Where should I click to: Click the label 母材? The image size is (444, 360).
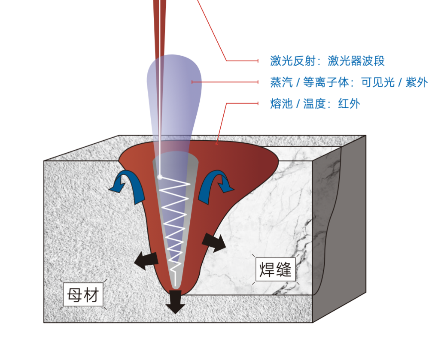point(83,295)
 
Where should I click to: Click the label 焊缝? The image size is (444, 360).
point(275,269)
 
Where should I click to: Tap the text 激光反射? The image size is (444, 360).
point(292,61)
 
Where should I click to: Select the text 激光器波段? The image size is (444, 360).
point(356,61)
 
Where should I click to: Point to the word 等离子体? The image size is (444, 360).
point(325,82)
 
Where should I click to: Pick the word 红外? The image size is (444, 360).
point(349,104)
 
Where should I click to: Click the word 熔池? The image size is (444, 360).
point(281,104)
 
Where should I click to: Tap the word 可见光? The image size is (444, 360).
point(378,82)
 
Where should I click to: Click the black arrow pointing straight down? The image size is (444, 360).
point(175,302)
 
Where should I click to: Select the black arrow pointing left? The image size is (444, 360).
point(146,260)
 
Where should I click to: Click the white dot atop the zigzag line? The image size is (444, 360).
point(160,177)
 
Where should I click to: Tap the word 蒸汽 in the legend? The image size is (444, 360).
point(281,82)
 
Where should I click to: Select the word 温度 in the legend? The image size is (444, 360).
point(315,104)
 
